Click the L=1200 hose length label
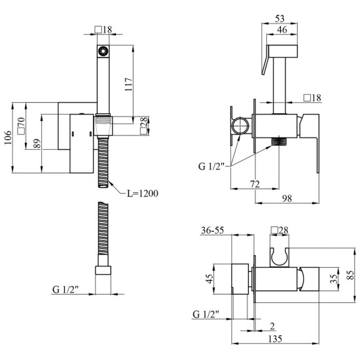pos(143,194)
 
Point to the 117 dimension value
pos(129,84)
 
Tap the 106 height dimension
pos(8,137)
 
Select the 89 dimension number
pos(37,143)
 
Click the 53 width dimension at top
pos(279,18)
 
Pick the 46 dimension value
pos(282,29)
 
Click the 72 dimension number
pos(255,184)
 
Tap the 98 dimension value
pos(287,198)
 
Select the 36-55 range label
pos(212,230)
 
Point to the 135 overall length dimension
pos(275,338)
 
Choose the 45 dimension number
pos(209,279)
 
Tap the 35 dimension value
pos(334,279)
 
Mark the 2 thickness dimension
pos(272,326)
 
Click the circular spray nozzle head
pos(103,51)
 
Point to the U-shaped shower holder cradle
pos(279,257)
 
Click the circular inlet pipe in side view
pos(240,126)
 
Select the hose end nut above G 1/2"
pos(103,270)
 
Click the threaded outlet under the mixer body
pos(279,141)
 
